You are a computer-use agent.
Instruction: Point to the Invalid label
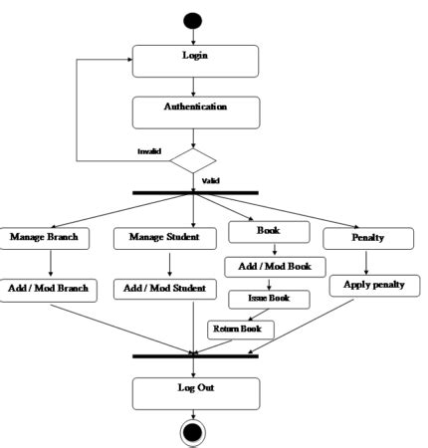(150, 151)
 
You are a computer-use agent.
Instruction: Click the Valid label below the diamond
(211, 181)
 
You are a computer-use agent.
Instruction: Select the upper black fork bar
(196, 192)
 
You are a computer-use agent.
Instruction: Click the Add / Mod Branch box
(49, 289)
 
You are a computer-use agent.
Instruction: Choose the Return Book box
(236, 328)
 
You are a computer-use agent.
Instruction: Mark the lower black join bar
(195, 355)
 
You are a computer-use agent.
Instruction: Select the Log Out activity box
(195, 391)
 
